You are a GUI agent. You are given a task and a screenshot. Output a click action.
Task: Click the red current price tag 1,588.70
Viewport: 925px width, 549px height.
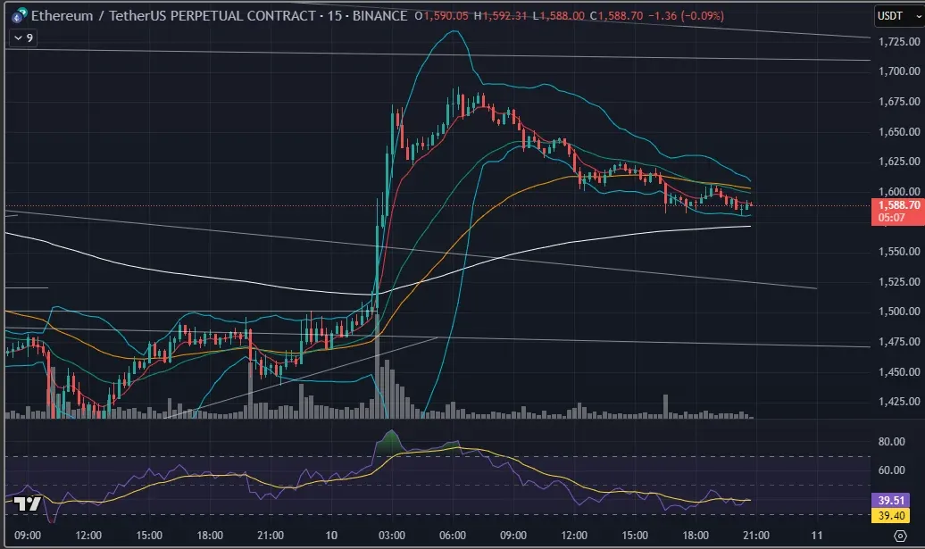tap(896, 205)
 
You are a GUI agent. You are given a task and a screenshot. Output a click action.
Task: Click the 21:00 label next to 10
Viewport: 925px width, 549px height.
tap(270, 536)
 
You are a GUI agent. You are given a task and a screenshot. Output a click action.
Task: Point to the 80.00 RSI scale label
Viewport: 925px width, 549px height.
tap(892, 442)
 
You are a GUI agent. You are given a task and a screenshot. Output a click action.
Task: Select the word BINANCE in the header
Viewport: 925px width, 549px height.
tap(377, 16)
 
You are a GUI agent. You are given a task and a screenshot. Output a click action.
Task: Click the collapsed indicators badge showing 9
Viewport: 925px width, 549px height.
tap(23, 37)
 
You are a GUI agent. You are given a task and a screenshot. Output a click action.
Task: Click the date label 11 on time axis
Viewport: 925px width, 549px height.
tap(816, 536)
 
